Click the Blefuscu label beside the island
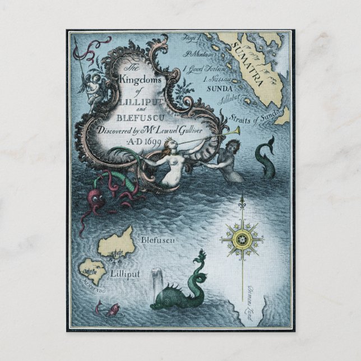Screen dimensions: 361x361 (x=159, y=240)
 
